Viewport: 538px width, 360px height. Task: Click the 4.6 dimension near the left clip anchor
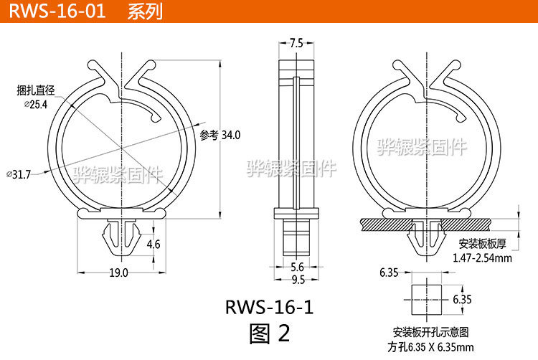click(154, 245)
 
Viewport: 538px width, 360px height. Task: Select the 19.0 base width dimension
click(119, 273)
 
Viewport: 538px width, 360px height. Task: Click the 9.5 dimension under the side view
click(296, 279)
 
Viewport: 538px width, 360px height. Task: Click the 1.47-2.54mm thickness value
click(481, 257)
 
